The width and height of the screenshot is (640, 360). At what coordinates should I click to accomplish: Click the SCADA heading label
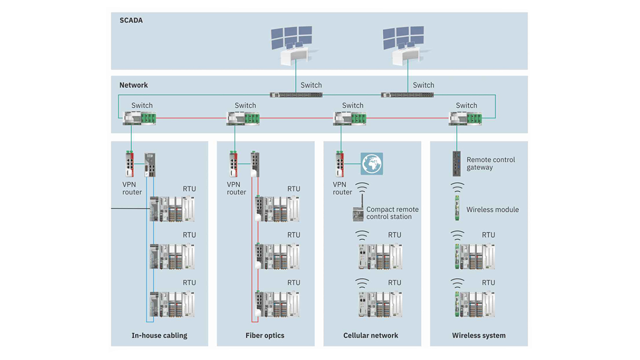[x=131, y=20]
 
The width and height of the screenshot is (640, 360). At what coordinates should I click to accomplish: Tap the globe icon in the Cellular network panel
[x=372, y=164]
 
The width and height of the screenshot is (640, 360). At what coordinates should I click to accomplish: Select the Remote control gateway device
[x=457, y=164]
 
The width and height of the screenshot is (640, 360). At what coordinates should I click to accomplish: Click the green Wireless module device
[x=457, y=208]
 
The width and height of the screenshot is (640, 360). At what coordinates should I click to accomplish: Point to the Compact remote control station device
[x=358, y=214]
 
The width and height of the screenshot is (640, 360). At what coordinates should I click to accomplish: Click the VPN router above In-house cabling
[x=130, y=164]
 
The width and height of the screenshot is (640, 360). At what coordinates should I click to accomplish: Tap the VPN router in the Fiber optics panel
[x=234, y=164]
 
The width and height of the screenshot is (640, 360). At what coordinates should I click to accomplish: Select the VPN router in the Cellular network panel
[x=340, y=164]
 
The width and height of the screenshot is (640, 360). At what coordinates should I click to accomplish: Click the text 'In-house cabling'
[x=159, y=335]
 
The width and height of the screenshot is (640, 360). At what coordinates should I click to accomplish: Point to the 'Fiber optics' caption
[x=265, y=335]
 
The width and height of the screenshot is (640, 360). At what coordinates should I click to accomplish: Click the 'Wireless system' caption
[x=479, y=335]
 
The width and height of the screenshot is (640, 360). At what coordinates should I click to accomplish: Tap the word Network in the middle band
[x=133, y=85]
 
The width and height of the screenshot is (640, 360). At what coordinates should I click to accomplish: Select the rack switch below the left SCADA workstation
[x=296, y=95]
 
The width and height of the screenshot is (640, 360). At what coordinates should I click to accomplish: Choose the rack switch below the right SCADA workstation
[x=407, y=95]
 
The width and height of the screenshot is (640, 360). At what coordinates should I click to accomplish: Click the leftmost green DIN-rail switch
[x=139, y=118]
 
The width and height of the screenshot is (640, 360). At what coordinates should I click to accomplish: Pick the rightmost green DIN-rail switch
[x=465, y=118]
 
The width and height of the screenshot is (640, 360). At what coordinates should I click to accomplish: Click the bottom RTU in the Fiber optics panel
[x=277, y=304]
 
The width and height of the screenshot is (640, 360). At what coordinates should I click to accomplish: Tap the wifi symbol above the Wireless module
[x=457, y=187]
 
